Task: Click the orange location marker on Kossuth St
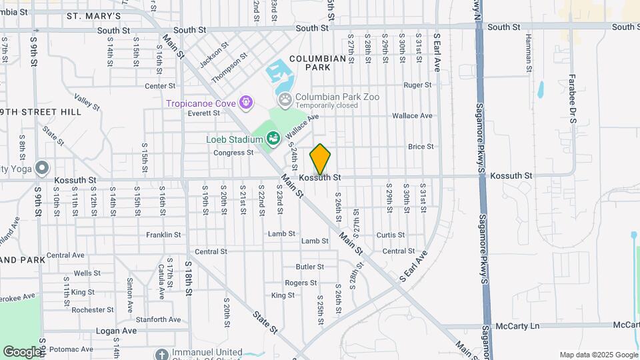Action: point(320,159)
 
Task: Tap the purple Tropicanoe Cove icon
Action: point(247,103)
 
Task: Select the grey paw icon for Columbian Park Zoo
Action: point(285,99)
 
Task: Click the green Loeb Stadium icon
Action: point(272,139)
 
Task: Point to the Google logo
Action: point(22,351)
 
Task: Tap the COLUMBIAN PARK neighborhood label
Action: point(318,63)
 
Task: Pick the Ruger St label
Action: point(418,85)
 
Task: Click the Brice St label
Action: point(421,147)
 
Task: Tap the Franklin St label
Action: point(164,235)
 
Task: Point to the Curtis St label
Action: point(391,235)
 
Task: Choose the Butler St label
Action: point(309,267)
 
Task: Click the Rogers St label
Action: point(301,283)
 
